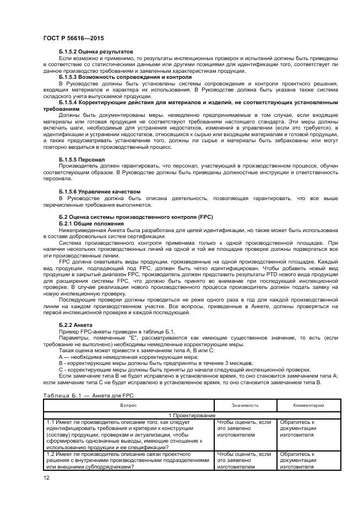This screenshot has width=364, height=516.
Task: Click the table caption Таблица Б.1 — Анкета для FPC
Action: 88,395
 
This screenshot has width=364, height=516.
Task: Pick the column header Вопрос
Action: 129,405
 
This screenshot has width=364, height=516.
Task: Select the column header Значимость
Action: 245,405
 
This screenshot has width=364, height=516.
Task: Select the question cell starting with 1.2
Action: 129,460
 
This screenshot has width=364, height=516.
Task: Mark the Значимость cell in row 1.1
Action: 245,428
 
